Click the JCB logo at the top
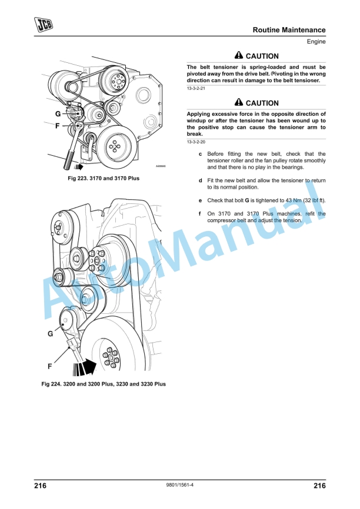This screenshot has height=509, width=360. pyautogui.click(x=44, y=25)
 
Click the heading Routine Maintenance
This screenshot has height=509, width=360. pyautogui.click(x=289, y=30)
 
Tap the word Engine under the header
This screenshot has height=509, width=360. pyautogui.click(x=316, y=42)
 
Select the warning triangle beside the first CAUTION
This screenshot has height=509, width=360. pyautogui.click(x=239, y=55)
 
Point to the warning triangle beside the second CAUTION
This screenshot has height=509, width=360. pyautogui.click(x=239, y=102)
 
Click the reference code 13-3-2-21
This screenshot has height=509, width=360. pyautogui.click(x=196, y=88)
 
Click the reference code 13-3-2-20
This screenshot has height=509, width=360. pyautogui.click(x=196, y=142)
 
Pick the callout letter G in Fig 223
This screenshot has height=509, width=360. pyautogui.click(x=58, y=114)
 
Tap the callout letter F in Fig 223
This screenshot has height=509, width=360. pyautogui.click(x=58, y=126)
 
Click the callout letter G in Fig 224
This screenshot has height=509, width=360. pyautogui.click(x=51, y=334)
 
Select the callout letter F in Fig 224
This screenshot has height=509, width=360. pyautogui.click(x=50, y=366)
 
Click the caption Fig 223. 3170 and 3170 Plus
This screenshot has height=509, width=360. pyautogui.click(x=104, y=178)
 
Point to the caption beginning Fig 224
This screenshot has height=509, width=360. pyautogui.click(x=104, y=384)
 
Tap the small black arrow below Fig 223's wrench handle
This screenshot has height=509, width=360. pyautogui.click(x=78, y=167)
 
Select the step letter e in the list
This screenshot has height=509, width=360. pyautogui.click(x=200, y=200)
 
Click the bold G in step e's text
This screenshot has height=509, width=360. pyautogui.click(x=247, y=200)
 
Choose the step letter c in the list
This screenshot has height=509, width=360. pyautogui.click(x=200, y=154)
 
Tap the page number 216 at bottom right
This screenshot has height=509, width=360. pyautogui.click(x=319, y=485)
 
